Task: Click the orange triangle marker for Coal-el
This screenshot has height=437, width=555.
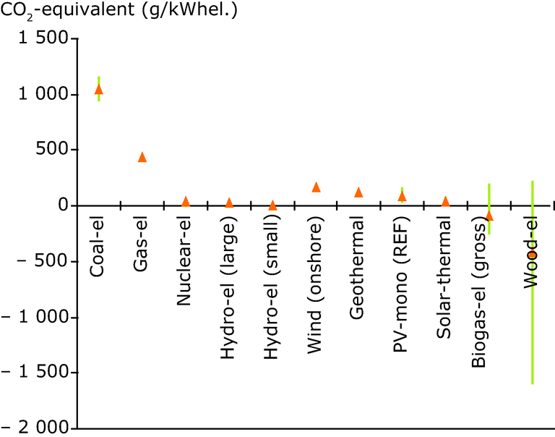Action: coord(99,89)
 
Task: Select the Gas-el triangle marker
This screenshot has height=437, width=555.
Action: coord(142,157)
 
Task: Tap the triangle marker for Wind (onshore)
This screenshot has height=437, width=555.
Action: coord(316,187)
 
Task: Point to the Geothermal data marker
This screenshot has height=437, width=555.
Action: coord(358,192)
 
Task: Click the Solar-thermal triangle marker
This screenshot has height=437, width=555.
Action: coord(445,201)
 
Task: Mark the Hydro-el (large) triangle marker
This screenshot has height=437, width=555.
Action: coord(229,203)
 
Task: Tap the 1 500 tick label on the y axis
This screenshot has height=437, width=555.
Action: coord(47,39)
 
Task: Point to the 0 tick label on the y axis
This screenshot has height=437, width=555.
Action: coord(64,205)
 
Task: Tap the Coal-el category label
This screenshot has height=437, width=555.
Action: coord(99,245)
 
